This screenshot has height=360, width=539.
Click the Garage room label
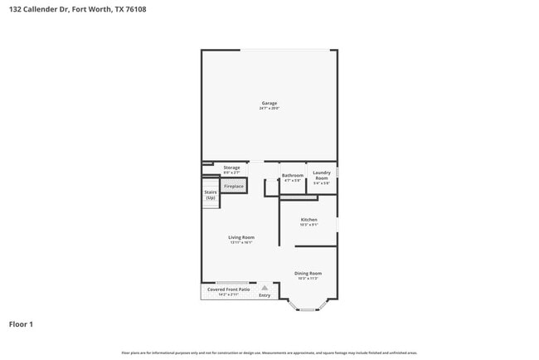point(268,103)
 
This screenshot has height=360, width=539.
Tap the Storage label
point(231,168)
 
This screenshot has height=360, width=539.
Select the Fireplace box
point(234,187)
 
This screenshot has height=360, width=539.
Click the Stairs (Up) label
point(211,195)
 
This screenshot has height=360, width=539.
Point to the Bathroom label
point(293,175)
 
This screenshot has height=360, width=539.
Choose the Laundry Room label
point(322,175)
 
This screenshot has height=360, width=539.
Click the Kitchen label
point(308,220)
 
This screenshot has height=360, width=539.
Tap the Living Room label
point(241,237)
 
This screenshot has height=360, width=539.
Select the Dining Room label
point(308,273)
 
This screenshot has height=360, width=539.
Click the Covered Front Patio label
point(228,289)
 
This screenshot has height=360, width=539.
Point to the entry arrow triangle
point(265,288)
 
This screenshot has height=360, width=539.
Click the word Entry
point(265,295)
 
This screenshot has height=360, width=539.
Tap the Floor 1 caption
point(21,324)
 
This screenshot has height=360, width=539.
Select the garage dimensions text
point(268,109)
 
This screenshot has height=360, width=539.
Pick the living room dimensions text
point(241,242)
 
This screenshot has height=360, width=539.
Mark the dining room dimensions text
point(308,278)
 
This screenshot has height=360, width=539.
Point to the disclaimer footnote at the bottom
point(269,353)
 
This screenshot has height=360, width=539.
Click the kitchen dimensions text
point(308,225)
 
